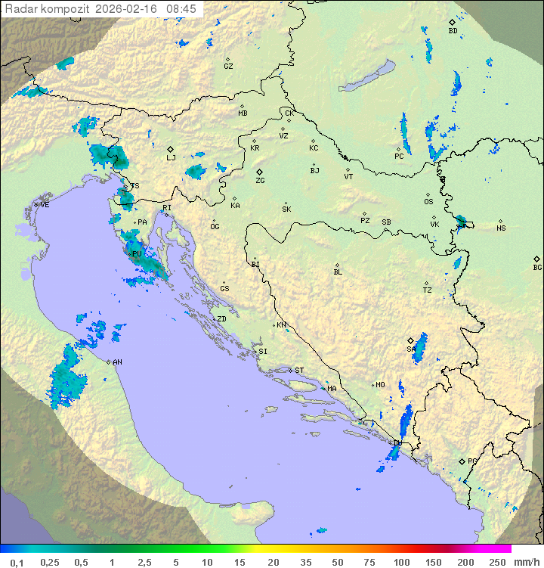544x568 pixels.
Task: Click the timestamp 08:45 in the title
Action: click(x=181, y=9)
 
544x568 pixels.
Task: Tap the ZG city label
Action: click(x=260, y=182)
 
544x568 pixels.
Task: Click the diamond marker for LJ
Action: click(x=171, y=149)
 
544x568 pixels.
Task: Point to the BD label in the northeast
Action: click(x=453, y=31)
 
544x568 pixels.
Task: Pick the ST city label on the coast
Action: click(x=299, y=371)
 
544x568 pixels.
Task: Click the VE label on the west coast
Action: click(x=45, y=205)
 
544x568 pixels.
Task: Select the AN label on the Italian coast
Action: click(x=117, y=362)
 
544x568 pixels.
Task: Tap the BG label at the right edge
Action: click(x=537, y=268)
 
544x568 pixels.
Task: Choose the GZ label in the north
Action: click(x=228, y=67)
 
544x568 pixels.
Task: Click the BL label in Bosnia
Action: click(x=338, y=272)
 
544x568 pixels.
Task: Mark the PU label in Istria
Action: click(x=137, y=254)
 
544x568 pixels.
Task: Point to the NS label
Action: click(x=501, y=228)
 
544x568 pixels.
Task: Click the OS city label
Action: click(x=428, y=202)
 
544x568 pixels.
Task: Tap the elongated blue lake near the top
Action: click(x=367, y=76)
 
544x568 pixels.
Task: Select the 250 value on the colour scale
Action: click(x=496, y=562)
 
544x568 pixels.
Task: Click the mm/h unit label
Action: click(x=526, y=562)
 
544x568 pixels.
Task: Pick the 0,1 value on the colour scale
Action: click(x=17, y=562)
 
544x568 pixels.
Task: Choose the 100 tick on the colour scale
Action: click(x=401, y=562)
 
